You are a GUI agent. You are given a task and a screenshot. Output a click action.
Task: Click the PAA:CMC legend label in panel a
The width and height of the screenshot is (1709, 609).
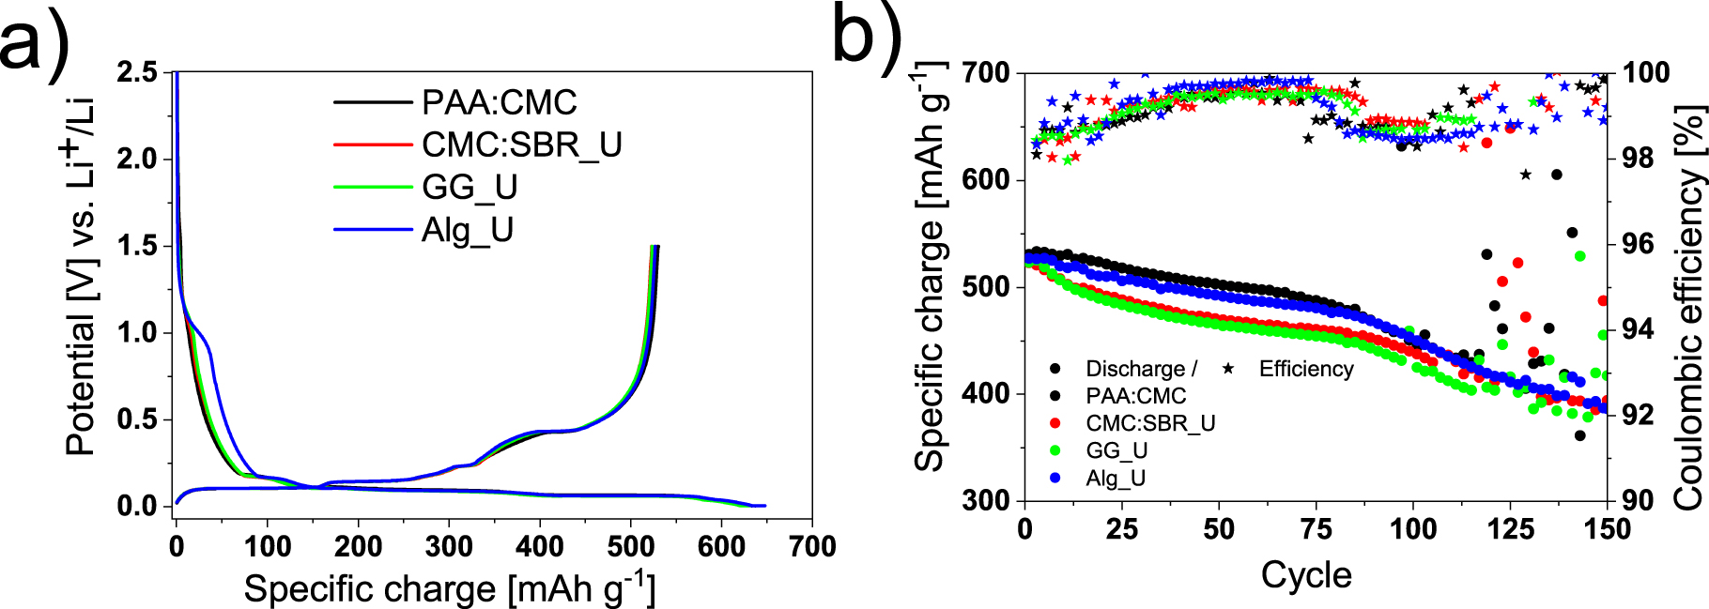tap(499, 102)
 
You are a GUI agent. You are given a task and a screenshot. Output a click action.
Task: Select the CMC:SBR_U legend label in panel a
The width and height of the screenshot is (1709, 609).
tap(521, 145)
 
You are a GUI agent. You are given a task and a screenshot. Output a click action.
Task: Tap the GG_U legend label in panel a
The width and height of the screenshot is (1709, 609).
tap(470, 188)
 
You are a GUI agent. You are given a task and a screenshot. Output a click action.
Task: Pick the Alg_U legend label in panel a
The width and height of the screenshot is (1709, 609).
tap(467, 230)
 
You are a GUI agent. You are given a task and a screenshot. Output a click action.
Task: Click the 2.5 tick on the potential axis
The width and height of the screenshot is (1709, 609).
tap(138, 72)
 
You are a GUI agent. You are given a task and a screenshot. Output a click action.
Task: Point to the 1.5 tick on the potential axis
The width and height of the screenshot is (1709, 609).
tap(138, 246)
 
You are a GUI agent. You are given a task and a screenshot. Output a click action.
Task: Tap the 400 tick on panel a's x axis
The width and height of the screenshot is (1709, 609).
tap(539, 547)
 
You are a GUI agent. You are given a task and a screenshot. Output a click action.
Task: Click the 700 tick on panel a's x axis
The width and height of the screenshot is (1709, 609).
tap(811, 547)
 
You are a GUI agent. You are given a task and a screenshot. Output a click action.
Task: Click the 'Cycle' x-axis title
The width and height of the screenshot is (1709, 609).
tap(1306, 574)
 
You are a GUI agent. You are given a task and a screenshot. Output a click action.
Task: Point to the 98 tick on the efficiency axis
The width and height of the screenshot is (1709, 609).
tap(1633, 158)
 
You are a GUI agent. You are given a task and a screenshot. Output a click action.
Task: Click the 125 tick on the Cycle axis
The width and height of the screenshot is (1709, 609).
tap(1510, 529)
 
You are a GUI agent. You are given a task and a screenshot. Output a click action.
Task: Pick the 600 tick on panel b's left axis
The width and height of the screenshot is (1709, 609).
tap(986, 179)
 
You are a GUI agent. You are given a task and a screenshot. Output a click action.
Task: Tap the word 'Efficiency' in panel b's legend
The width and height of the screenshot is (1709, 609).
tap(1306, 369)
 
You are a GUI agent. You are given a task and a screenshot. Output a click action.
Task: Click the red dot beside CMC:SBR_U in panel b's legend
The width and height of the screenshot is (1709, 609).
tap(1055, 423)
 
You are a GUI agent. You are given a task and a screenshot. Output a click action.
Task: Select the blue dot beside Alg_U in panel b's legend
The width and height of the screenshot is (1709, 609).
tap(1055, 478)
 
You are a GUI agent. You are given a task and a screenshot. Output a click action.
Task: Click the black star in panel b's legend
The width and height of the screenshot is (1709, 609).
tap(1227, 369)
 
